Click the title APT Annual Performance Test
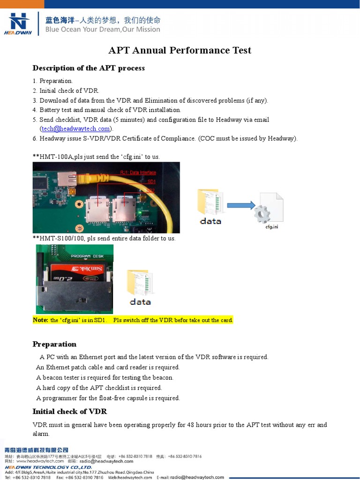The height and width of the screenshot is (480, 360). (x=180, y=50)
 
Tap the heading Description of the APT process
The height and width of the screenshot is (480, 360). (x=89, y=68)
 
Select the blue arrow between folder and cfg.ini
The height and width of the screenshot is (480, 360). (x=241, y=205)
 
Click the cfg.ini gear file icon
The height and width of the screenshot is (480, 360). (x=269, y=209)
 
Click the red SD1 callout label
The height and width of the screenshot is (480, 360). (x=151, y=181)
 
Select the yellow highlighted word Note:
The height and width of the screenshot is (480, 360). (x=40, y=320)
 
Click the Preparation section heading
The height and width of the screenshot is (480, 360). (x=54, y=344)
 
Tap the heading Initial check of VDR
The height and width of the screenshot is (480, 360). (x=69, y=412)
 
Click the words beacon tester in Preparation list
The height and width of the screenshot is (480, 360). (x=59, y=377)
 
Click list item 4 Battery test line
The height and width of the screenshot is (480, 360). (x=107, y=110)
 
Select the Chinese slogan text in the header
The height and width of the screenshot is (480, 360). (x=103, y=20)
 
